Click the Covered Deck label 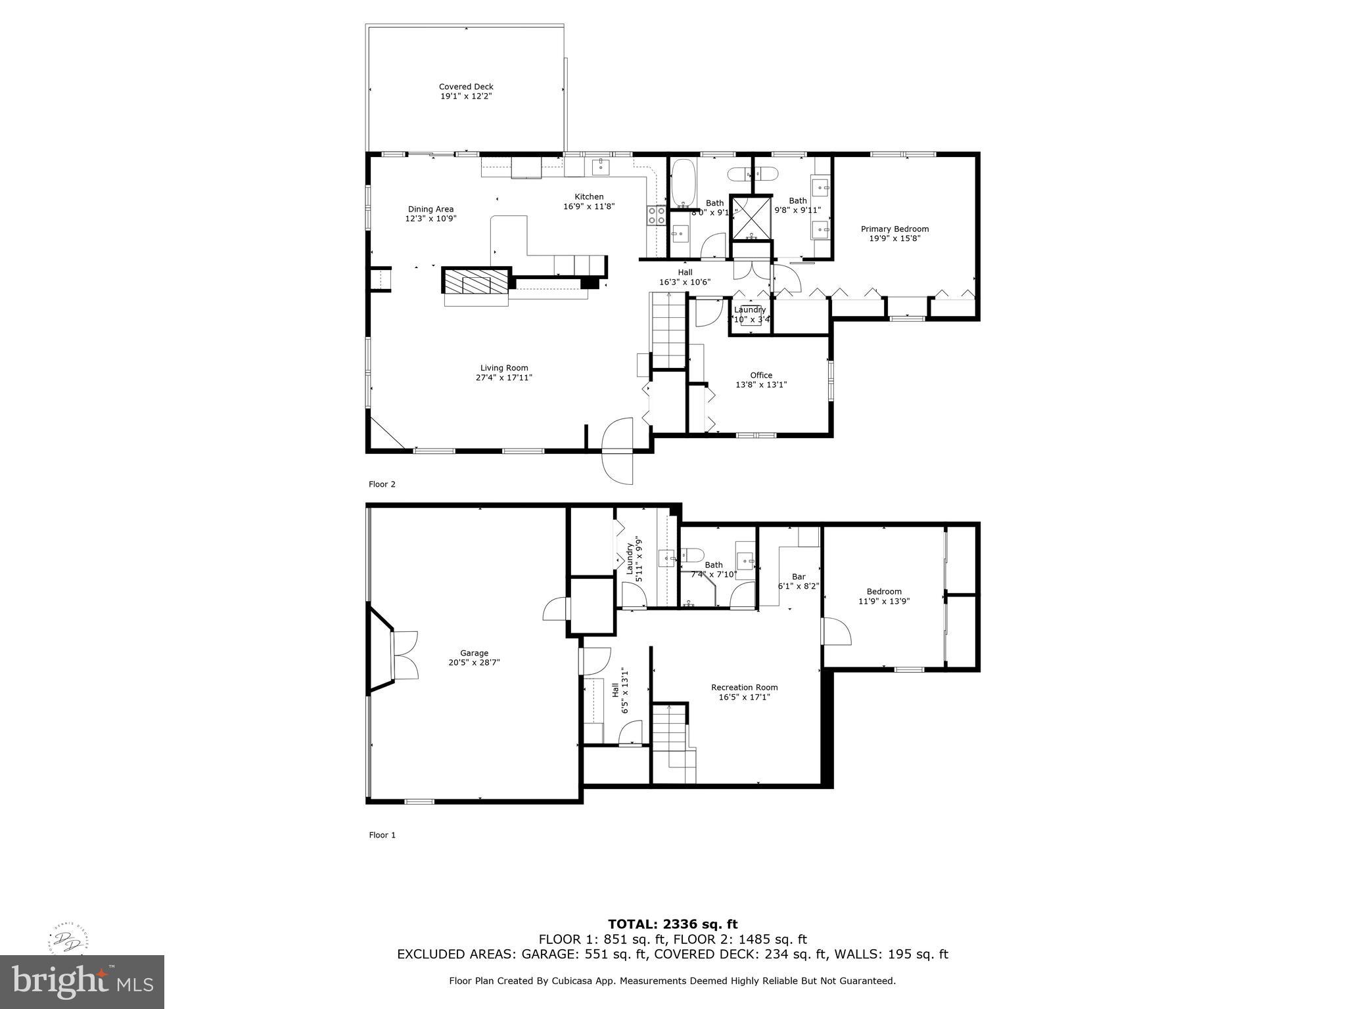[466, 87]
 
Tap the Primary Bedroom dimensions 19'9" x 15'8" [894, 238]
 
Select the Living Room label [504, 368]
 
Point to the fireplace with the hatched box [476, 283]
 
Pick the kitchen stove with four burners [655, 215]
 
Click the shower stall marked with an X [751, 217]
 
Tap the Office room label [761, 375]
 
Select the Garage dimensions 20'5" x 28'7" [474, 663]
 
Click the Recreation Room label [744, 688]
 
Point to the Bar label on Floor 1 [799, 577]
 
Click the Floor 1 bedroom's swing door [836, 631]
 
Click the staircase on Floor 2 [668, 332]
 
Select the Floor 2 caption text [382, 484]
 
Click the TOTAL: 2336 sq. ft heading [672, 924]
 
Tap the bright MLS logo [82, 981]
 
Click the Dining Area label [430, 209]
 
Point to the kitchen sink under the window [601, 166]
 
